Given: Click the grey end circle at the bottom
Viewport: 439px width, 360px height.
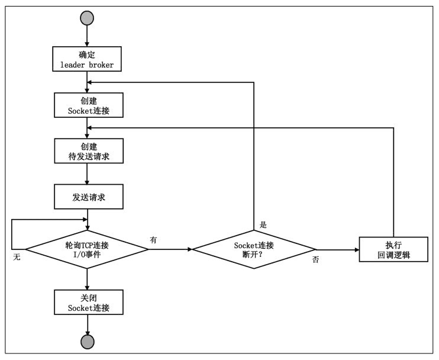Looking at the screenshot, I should [x=87, y=342].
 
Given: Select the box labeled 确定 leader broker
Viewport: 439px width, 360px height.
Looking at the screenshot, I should [x=88, y=59].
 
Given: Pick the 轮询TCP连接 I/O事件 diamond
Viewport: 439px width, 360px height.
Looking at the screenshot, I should [x=88, y=250].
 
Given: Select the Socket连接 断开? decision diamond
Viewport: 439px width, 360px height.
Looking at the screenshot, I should [x=254, y=250].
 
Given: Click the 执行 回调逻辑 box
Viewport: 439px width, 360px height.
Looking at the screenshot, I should [x=393, y=249].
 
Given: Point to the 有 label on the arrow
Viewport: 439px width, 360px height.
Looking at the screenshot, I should [x=154, y=239].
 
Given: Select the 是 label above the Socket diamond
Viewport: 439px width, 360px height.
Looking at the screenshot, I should [x=264, y=225].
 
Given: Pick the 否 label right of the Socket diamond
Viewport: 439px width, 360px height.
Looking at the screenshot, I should [x=315, y=259].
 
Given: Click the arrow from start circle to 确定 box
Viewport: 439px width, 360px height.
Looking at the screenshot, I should [x=87, y=37].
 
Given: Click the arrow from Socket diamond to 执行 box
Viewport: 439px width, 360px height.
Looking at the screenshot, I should [x=337, y=250].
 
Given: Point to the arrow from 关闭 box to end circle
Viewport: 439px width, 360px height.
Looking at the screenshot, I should [x=87, y=324].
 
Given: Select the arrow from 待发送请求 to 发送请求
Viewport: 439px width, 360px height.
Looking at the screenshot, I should [x=87, y=174].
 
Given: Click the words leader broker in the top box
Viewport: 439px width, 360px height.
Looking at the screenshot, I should [x=88, y=65].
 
